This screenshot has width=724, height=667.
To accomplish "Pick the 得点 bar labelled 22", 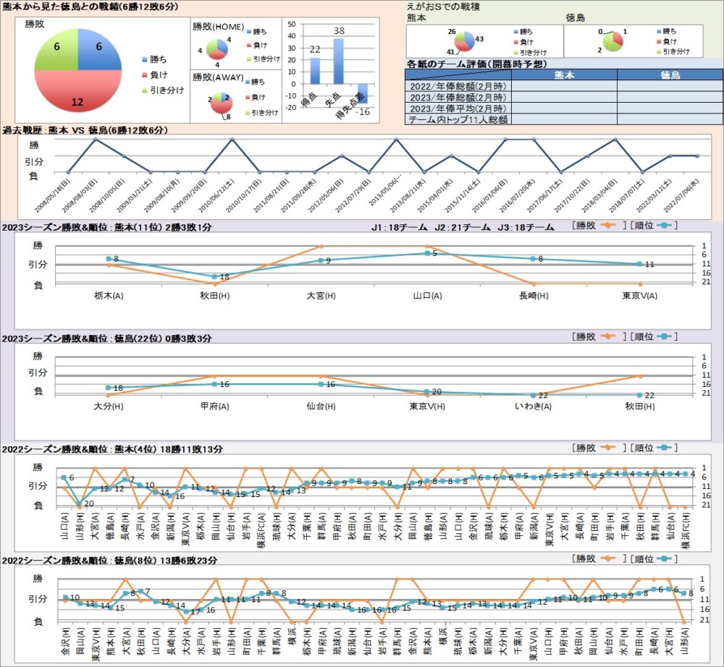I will coord(315,70).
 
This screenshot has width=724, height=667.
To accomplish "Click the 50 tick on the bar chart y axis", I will coord(291,23).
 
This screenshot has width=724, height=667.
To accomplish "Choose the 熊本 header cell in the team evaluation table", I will coord(564,75).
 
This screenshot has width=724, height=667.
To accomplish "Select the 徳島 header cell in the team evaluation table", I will coord(670,75).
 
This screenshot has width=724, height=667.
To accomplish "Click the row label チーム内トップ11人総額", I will coord(458,119).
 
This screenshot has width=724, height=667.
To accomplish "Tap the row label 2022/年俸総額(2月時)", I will coord(458,86).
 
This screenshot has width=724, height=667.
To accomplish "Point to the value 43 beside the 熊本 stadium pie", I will coord(479,38).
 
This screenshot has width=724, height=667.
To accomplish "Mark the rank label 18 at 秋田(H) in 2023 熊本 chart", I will coord(224,277).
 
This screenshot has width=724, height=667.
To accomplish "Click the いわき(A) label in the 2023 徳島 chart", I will coord(533,407).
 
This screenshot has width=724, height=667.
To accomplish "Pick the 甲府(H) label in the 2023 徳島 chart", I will coord(214,407).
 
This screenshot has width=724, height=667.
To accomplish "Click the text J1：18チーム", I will coord(396,228).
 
